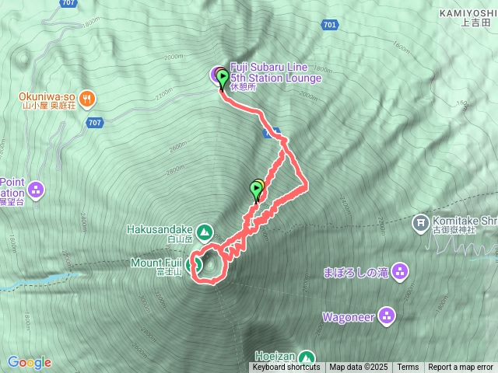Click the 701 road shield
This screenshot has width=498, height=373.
[329, 26]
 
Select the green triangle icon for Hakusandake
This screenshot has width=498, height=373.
[205, 231]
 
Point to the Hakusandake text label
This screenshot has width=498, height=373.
[161, 229]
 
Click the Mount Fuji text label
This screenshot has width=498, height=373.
[156, 263]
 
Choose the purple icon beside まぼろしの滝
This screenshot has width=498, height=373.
[399, 272]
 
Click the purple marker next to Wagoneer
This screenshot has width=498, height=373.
[388, 316]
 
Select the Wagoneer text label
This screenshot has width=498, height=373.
[349, 317]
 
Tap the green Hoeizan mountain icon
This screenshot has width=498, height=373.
[307, 357]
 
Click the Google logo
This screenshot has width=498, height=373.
[29, 362]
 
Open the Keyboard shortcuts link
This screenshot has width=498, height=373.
[286, 368]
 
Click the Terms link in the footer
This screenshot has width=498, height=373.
[408, 368]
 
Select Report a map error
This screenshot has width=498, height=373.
[461, 368]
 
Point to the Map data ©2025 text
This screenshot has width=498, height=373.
[357, 368]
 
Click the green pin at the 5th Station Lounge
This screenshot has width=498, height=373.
[223, 79]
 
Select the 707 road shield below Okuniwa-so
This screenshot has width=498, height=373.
[95, 123]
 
